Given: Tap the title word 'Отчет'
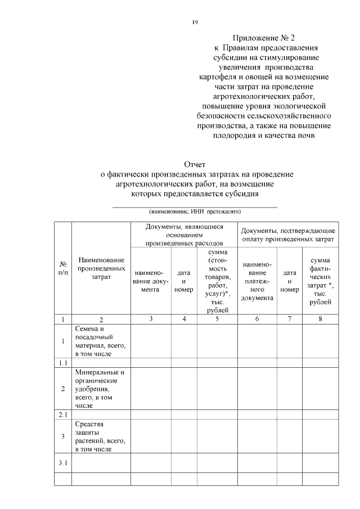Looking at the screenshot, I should point(194,165).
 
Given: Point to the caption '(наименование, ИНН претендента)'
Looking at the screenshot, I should point(195,212).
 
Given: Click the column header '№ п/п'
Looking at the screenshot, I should point(63,268).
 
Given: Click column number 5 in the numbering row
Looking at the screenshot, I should point(217,319).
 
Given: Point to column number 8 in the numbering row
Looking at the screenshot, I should point(320,319).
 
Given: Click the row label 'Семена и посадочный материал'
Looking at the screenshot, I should point(100,341).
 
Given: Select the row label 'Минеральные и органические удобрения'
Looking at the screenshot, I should point(100,388).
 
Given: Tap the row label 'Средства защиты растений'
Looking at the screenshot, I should point(100,436).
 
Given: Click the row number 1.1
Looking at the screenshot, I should point(63,363).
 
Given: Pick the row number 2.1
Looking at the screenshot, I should point(63,414).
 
